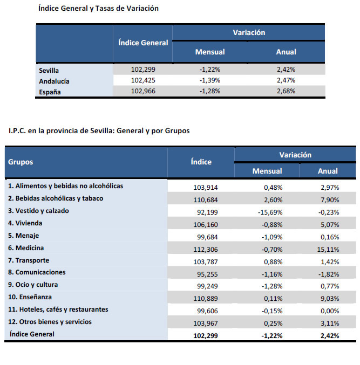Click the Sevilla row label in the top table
pos(49,70)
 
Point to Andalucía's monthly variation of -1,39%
pos(209,80)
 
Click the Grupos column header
pos(21,162)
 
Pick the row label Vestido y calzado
pos(39,211)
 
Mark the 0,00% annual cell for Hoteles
pos(329,310)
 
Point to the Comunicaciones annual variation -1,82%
pos(329,273)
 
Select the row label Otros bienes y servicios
pos(50,322)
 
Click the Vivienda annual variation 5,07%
pos(329,224)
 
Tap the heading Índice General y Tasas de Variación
pos(99,9)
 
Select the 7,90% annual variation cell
pos(329,199)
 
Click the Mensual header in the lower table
pos(267,171)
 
